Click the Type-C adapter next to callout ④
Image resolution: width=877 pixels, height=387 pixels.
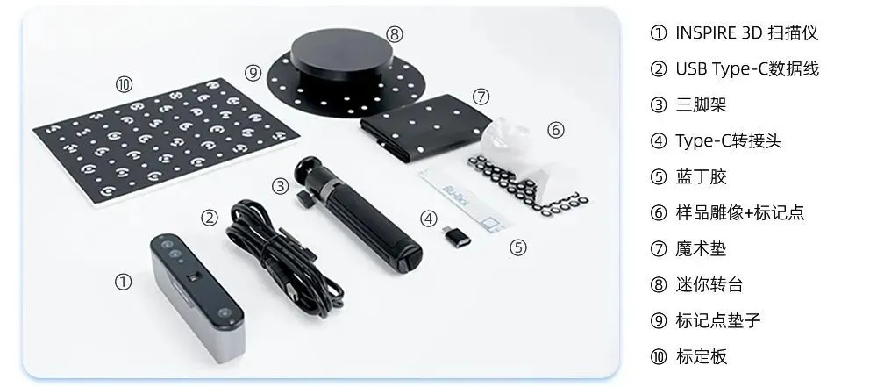457,236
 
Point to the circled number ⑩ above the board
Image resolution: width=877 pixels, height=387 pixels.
125,84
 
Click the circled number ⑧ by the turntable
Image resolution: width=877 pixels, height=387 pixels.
395,35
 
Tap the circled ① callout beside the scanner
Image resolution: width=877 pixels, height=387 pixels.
123,281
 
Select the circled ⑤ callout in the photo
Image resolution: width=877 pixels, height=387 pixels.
518,247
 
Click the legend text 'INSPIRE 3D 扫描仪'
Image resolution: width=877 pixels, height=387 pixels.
746,33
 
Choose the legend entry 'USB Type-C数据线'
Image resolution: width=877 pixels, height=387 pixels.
747,68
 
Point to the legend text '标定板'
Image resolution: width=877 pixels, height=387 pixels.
702,357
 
